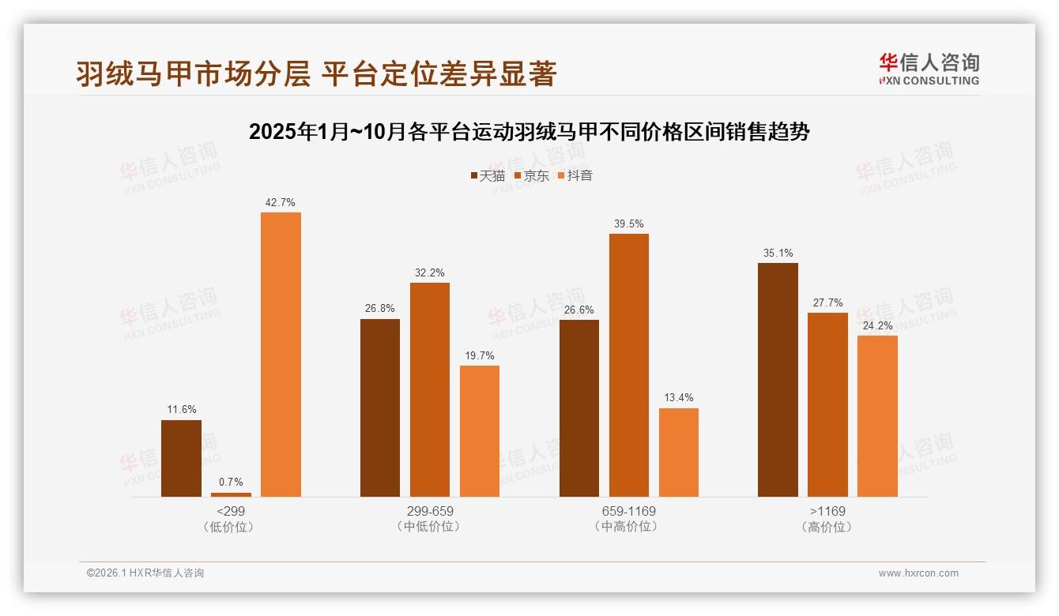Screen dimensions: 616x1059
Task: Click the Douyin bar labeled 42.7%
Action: coord(281,355)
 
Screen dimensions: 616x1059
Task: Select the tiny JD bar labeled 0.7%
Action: coord(231,494)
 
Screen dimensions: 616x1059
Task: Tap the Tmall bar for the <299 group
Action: coord(181,458)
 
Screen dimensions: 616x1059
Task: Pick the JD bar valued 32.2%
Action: coord(430,389)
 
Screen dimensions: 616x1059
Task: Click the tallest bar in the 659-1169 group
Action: coord(628,365)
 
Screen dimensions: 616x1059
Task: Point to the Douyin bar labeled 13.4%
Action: coord(678,453)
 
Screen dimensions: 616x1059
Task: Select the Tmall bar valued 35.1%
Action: coord(778,380)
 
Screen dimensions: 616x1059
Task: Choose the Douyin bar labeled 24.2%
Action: coord(877,416)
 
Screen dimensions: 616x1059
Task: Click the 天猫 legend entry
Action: coord(488,175)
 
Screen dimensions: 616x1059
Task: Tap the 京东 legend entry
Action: coord(532,175)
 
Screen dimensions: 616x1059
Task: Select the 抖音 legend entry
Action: coord(575,175)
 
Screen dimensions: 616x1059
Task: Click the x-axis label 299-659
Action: coord(430,511)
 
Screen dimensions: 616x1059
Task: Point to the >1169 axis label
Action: coord(827,511)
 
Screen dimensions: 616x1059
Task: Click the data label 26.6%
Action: coord(578,310)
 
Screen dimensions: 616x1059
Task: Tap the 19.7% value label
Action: coord(480,355)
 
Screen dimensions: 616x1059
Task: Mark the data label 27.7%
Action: coord(827,302)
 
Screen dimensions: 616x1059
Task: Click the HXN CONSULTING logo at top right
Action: coord(929,69)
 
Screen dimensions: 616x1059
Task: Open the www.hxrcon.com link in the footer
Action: coord(918,573)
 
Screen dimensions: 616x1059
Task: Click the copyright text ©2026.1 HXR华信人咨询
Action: coord(145,573)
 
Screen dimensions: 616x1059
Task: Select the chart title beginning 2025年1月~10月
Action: coord(529,132)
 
